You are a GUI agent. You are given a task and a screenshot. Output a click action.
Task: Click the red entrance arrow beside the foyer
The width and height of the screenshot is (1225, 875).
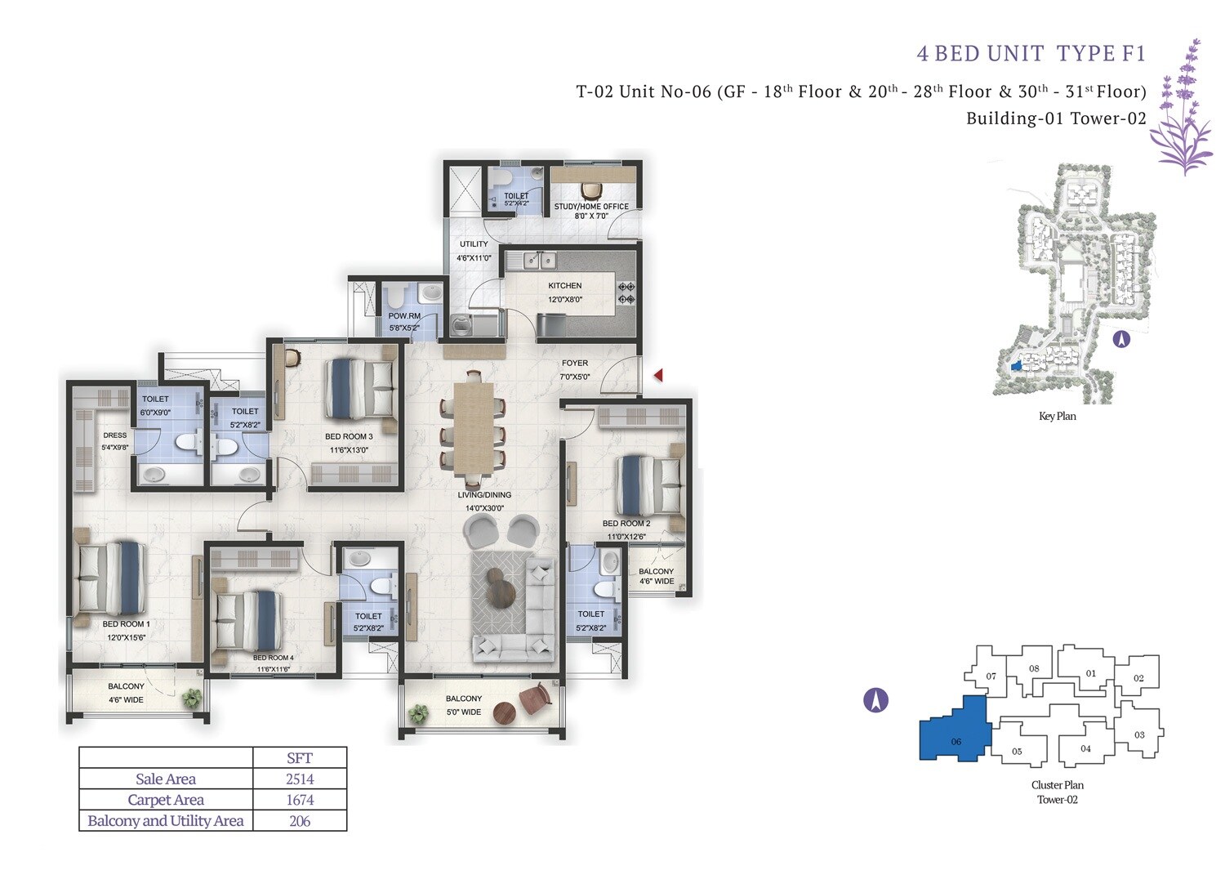658,375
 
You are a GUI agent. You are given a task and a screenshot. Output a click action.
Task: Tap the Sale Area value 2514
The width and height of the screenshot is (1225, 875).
300,779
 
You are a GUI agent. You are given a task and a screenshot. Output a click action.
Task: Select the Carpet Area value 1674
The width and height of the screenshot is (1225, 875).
300,800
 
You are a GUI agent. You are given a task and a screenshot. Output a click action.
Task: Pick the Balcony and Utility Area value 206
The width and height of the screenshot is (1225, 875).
300,821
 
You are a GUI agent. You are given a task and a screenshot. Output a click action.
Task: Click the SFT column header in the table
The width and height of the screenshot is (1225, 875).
300,757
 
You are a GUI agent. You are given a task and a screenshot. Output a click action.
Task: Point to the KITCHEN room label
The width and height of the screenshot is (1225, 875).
565,286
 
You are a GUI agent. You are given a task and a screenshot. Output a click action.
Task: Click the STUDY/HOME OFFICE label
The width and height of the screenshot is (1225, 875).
591,207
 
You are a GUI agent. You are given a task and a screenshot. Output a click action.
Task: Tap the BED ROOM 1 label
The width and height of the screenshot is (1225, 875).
126,624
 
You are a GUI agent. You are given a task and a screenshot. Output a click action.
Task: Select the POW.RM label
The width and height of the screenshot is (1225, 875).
404,316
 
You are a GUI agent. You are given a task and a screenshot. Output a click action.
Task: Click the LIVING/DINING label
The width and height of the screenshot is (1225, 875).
484,495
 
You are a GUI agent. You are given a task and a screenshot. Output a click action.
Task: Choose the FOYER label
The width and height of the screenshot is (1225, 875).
575,364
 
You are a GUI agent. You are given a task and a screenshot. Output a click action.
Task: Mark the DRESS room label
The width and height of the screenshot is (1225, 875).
114,435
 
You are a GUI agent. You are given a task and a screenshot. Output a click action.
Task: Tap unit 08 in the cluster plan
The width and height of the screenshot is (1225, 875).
1034,668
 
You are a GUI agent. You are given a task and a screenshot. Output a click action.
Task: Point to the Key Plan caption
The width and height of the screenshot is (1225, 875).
1057,417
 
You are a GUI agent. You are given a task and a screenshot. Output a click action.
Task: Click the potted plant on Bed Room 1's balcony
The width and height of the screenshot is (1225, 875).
191,698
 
